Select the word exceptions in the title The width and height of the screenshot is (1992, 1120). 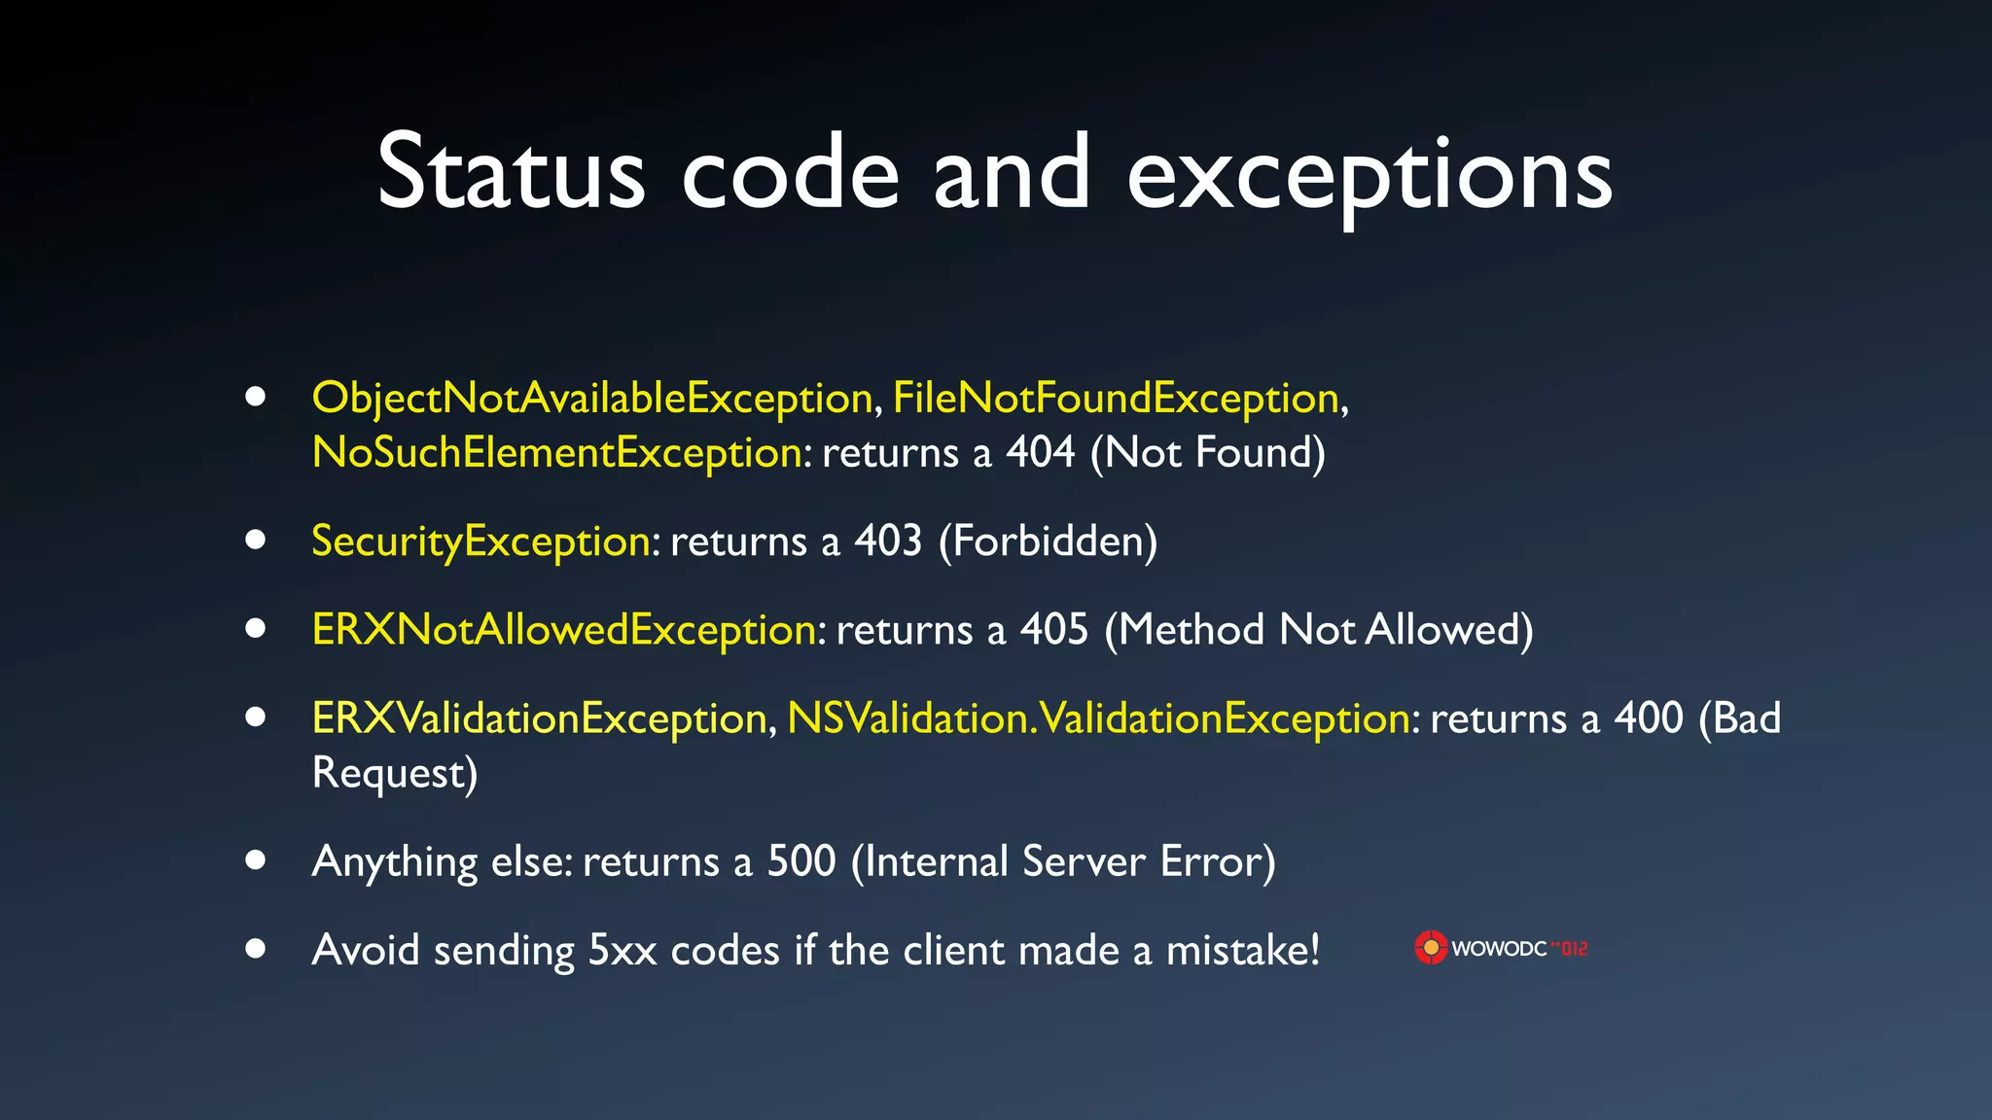[1369, 175]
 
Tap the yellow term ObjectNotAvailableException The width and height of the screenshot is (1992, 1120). [592, 399]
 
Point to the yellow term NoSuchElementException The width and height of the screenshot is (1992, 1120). [557, 453]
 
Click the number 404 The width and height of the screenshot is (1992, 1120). [1041, 453]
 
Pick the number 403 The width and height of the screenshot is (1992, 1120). [888, 542]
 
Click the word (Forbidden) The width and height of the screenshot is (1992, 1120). [1049, 542]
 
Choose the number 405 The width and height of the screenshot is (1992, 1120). [1054, 630]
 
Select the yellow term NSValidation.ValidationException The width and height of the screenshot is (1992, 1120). [1098, 719]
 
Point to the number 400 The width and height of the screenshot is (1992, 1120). [1649, 719]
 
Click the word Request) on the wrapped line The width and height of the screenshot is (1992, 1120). [395, 774]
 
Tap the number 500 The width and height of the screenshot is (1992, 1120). [801, 862]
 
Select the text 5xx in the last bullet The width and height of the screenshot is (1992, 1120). [622, 951]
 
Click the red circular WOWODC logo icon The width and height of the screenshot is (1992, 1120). [1431, 948]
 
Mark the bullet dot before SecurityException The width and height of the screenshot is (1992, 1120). [256, 541]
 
